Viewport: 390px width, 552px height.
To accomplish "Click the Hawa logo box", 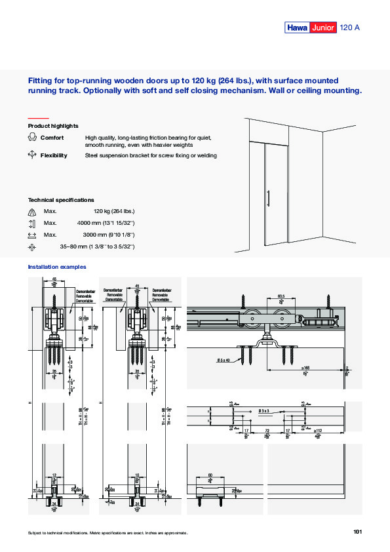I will tap(296, 28).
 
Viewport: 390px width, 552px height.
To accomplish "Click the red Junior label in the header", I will tap(323, 28).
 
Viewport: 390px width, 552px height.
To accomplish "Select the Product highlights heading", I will tap(53, 125).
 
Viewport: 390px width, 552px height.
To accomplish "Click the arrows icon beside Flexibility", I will tap(32, 155).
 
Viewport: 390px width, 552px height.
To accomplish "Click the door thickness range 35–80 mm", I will tap(97, 246).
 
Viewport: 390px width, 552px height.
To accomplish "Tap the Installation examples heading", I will tap(57, 267).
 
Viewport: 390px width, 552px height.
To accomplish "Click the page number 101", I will tap(357, 532).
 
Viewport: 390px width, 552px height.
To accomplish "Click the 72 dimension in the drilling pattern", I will tap(267, 431).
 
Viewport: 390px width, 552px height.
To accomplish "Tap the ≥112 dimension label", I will tap(319, 431).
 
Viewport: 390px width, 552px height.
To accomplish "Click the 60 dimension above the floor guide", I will tap(210, 475).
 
